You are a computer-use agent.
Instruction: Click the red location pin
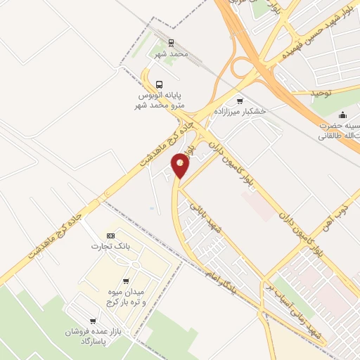(x=181, y=166)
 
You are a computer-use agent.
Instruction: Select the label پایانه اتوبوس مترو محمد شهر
(x=157, y=99)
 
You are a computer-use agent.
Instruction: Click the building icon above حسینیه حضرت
(x=342, y=115)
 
